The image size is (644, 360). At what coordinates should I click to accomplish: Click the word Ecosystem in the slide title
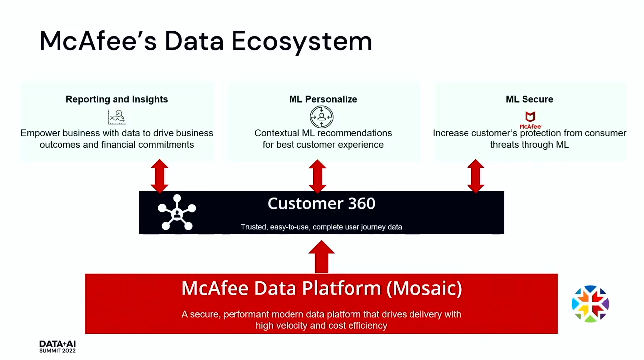302,42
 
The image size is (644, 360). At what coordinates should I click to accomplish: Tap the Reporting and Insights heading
117,99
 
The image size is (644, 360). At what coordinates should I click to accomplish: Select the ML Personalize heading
323,99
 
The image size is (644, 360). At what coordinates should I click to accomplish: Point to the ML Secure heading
529,99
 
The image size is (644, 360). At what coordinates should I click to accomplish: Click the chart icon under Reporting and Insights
117,117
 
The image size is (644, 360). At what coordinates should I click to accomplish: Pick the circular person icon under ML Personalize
321,117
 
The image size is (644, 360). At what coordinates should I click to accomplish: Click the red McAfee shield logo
530,120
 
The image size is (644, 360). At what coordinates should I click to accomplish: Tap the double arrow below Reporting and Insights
159,176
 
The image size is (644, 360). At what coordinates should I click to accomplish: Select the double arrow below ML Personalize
317,176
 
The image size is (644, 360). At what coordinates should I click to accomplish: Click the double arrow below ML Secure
475,176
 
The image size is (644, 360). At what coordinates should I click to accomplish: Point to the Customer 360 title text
321,204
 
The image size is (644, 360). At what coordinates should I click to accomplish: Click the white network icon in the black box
177,212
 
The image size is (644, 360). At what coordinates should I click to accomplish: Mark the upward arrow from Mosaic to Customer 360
321,257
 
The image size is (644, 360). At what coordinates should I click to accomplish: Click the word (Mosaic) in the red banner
424,288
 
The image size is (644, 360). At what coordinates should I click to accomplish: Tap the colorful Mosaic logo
590,303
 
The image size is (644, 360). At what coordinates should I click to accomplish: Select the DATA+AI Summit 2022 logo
58,347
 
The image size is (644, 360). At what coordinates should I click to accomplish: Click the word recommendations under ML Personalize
354,133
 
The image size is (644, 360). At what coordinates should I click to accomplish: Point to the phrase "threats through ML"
529,145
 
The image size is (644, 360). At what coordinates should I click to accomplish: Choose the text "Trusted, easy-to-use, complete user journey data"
321,227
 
